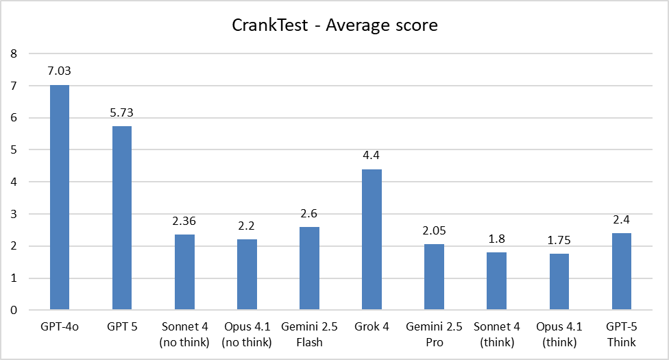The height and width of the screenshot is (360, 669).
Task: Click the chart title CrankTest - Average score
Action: pos(334,26)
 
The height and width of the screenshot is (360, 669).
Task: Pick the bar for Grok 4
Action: pos(372,239)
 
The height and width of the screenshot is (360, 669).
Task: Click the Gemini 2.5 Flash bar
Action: pos(309,268)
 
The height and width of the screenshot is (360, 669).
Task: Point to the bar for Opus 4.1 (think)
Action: pos(559,282)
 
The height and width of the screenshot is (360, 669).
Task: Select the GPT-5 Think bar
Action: pos(621,272)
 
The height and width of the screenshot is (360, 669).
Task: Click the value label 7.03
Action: pos(60,71)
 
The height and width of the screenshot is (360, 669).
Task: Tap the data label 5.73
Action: pos(122,112)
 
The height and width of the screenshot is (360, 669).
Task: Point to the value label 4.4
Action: pos(372,155)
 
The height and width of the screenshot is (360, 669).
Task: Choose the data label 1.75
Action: pos(559,240)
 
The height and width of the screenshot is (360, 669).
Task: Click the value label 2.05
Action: pos(434,230)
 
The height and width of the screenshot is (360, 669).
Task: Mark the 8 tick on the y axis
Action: pos(13,53)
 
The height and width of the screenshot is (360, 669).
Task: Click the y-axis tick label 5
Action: pos(13,149)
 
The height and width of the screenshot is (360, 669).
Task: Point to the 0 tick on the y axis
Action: pos(13,310)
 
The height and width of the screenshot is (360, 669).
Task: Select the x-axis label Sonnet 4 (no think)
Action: pos(184,334)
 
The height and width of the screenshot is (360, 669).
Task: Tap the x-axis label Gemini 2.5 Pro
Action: pos(434,334)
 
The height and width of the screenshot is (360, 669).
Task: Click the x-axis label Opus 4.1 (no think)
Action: pos(247,334)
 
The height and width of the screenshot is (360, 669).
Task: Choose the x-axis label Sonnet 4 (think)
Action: pos(496,334)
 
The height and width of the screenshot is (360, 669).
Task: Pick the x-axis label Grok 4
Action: pos(372,327)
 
